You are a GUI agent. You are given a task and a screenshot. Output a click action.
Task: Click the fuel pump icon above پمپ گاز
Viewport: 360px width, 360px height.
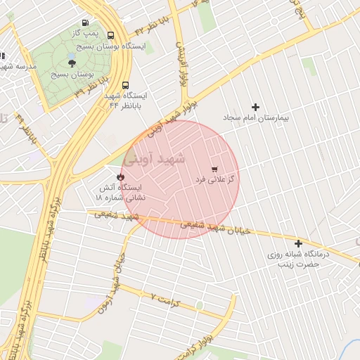pos(85,21)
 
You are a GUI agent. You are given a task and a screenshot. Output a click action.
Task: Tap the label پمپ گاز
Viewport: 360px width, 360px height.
pos(85,33)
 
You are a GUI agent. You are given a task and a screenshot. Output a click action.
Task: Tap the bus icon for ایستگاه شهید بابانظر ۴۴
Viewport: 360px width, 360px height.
pos(125,83)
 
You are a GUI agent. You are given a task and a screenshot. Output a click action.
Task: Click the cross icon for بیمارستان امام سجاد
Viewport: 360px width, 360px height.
pos(255,107)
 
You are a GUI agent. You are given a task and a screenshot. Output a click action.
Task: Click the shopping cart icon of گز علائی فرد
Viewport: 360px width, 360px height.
pos(214,169)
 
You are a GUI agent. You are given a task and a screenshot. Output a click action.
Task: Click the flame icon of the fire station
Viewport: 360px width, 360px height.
pos(120,176)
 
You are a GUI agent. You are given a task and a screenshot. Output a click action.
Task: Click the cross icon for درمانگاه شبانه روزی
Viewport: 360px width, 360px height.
pos(298,242)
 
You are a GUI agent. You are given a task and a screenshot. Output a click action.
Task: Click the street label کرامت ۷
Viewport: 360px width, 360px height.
pos(166,300)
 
